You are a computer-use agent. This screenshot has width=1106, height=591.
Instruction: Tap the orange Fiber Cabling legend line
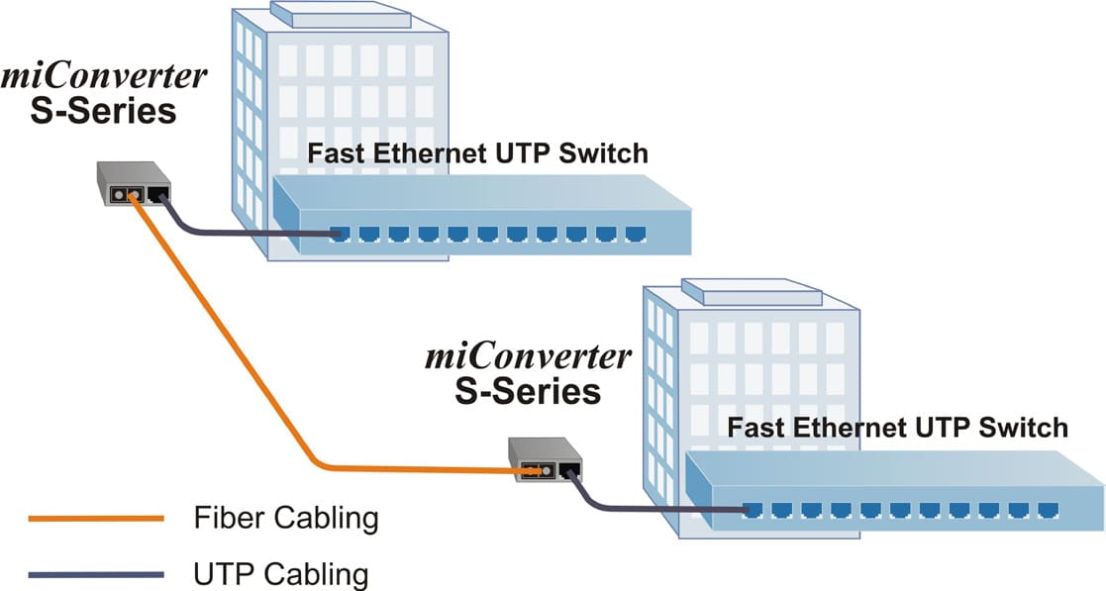(x=95, y=518)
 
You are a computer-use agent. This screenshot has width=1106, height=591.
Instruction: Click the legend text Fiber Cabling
(x=286, y=517)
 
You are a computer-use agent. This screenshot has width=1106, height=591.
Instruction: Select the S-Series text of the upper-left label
(x=103, y=110)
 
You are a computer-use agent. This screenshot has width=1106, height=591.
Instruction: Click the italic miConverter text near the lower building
(x=528, y=354)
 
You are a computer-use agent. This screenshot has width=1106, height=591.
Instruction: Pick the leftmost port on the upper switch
(x=340, y=235)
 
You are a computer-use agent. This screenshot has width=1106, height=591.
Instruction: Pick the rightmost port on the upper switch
(x=635, y=235)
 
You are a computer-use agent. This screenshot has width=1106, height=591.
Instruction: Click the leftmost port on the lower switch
(x=753, y=510)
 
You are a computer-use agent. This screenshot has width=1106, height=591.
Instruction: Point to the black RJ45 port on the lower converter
(x=569, y=470)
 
